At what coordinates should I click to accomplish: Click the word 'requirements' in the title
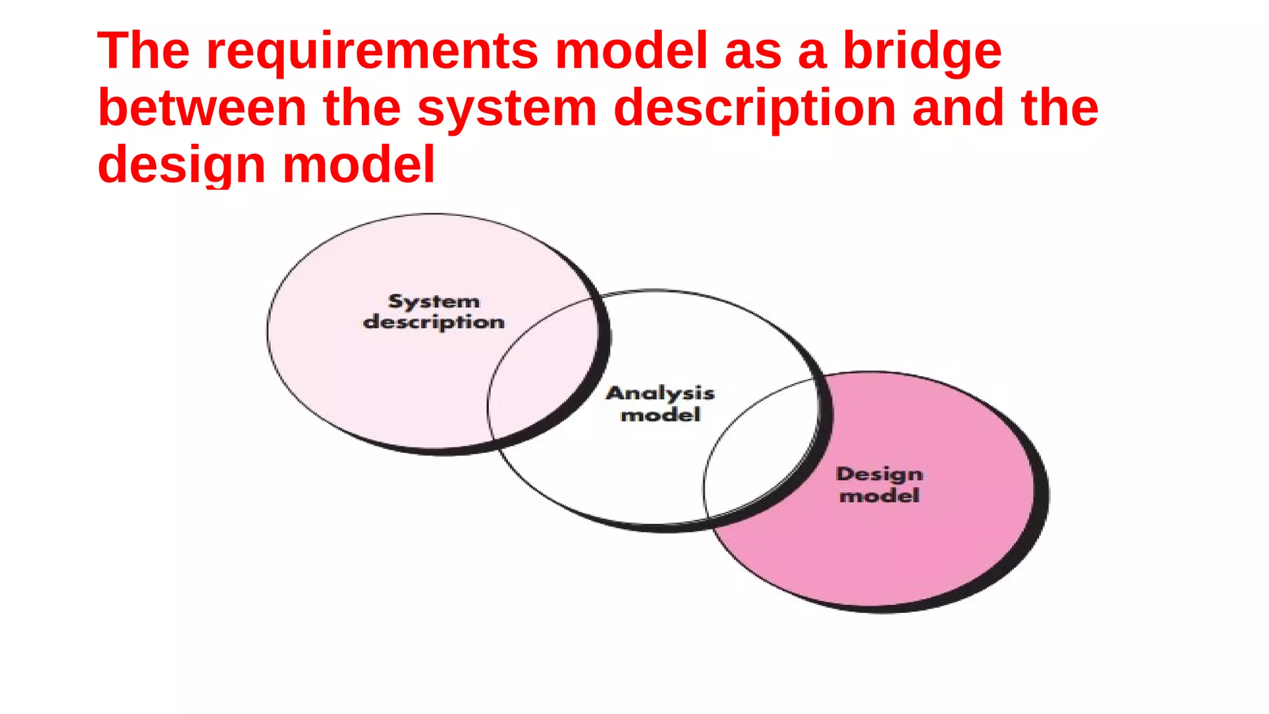(372, 52)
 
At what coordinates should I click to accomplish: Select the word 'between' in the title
(202, 108)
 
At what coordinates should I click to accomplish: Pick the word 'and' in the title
(958, 108)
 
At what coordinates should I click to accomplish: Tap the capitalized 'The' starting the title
(143, 51)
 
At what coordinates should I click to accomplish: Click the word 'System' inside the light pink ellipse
(434, 302)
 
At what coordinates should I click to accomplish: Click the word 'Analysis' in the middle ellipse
(661, 394)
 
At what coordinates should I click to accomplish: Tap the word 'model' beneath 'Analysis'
(661, 415)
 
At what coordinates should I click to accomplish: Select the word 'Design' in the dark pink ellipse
(879, 475)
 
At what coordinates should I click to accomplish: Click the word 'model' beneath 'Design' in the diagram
(879, 496)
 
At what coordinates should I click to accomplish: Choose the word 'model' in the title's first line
(631, 51)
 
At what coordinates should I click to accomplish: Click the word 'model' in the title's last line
(359, 165)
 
